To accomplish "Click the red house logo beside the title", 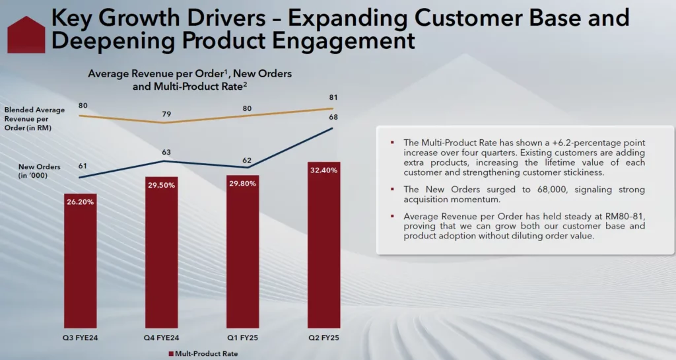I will tap(25, 34).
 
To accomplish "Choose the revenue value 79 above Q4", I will tap(166, 114).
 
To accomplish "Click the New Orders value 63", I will tap(166, 153).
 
